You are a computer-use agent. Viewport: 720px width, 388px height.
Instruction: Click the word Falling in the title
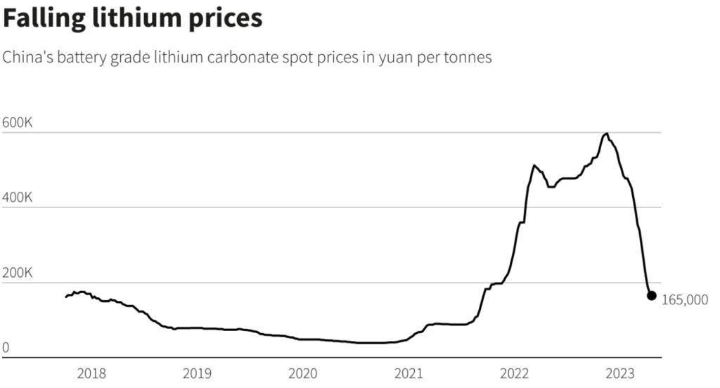point(44,19)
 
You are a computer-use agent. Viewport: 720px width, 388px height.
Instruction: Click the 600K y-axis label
point(18,122)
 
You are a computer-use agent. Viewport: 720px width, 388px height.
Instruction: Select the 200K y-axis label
point(18,272)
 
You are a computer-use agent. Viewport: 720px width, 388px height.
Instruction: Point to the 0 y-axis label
point(6,347)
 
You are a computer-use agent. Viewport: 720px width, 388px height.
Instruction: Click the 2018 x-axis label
point(91,373)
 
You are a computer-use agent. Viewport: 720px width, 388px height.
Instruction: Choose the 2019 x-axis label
point(197,373)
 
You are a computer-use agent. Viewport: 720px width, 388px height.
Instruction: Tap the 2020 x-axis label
point(303,373)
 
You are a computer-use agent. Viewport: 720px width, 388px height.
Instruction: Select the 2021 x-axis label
point(409,373)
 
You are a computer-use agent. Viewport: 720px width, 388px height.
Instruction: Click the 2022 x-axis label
point(515,373)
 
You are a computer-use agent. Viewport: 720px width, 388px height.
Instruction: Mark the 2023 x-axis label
point(622,373)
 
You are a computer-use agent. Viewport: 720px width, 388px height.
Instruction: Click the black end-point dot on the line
point(651,296)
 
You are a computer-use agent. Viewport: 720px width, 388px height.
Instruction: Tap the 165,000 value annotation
point(685,300)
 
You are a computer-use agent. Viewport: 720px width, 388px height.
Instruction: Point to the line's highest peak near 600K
point(606,134)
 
